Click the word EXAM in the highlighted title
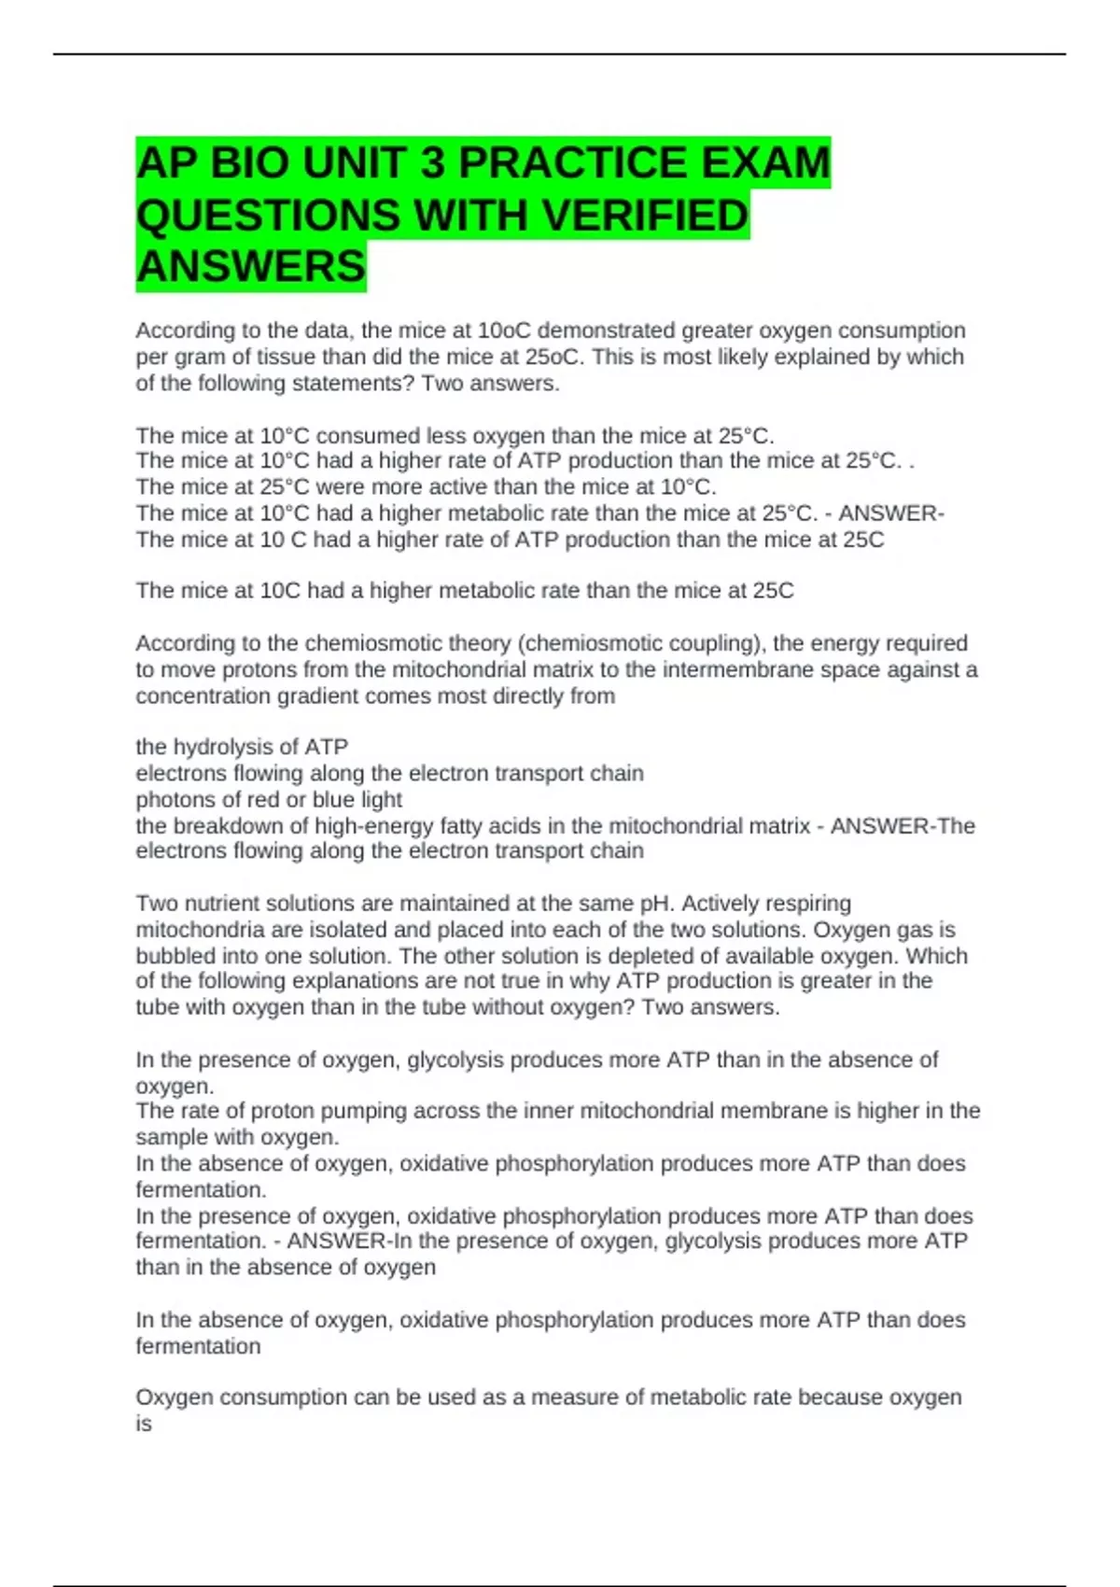765,162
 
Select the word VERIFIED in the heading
645,215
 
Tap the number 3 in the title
432,162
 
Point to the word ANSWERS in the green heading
250,266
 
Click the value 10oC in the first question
504,330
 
